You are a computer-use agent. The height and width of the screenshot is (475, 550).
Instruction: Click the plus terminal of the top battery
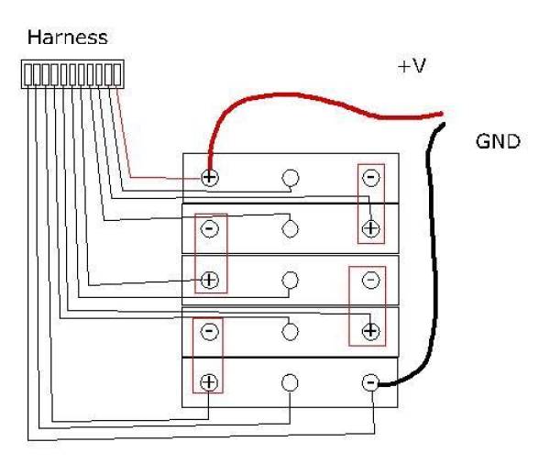(209, 177)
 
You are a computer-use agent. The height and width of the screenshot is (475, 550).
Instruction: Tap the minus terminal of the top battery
(370, 177)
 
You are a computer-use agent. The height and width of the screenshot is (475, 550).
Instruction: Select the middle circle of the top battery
(291, 177)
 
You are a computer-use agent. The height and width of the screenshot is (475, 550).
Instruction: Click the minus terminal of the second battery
(209, 228)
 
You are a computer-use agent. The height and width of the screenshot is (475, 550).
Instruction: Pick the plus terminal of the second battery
(370, 228)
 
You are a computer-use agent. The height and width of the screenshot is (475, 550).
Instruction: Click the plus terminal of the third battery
(209, 280)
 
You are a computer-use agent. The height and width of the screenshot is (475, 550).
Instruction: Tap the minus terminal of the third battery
(370, 280)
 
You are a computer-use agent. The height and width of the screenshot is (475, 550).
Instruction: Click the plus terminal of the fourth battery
(370, 331)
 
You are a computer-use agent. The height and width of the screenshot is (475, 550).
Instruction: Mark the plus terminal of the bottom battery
(209, 382)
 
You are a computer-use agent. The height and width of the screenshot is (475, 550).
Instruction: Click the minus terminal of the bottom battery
(370, 382)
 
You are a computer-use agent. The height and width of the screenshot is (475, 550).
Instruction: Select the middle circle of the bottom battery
(291, 382)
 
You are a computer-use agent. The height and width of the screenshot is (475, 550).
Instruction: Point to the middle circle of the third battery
(291, 280)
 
